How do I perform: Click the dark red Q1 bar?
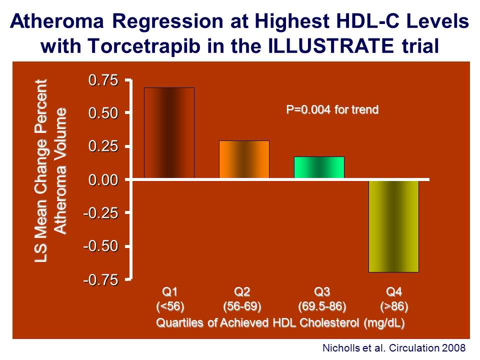(x=169, y=133)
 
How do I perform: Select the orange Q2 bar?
(x=244, y=159)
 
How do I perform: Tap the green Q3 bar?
(x=319, y=167)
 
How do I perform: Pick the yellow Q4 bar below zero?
(x=393, y=226)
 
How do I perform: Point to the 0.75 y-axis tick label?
(x=103, y=80)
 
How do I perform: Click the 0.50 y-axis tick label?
(x=103, y=113)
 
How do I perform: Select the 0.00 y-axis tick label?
(x=103, y=179)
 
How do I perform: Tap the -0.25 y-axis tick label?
(x=101, y=213)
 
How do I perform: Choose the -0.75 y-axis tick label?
(x=101, y=280)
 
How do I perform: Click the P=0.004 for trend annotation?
(x=332, y=109)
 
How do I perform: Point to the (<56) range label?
(x=170, y=306)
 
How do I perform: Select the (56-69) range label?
(x=242, y=306)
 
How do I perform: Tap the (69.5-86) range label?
(x=322, y=306)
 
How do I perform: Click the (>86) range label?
(x=394, y=306)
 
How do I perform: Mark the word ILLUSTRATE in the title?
(x=330, y=46)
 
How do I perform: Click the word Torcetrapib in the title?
(x=144, y=46)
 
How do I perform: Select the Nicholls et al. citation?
(x=394, y=348)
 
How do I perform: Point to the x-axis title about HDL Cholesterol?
(x=280, y=322)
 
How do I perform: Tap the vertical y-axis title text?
(x=50, y=171)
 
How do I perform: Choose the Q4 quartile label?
(x=393, y=291)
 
